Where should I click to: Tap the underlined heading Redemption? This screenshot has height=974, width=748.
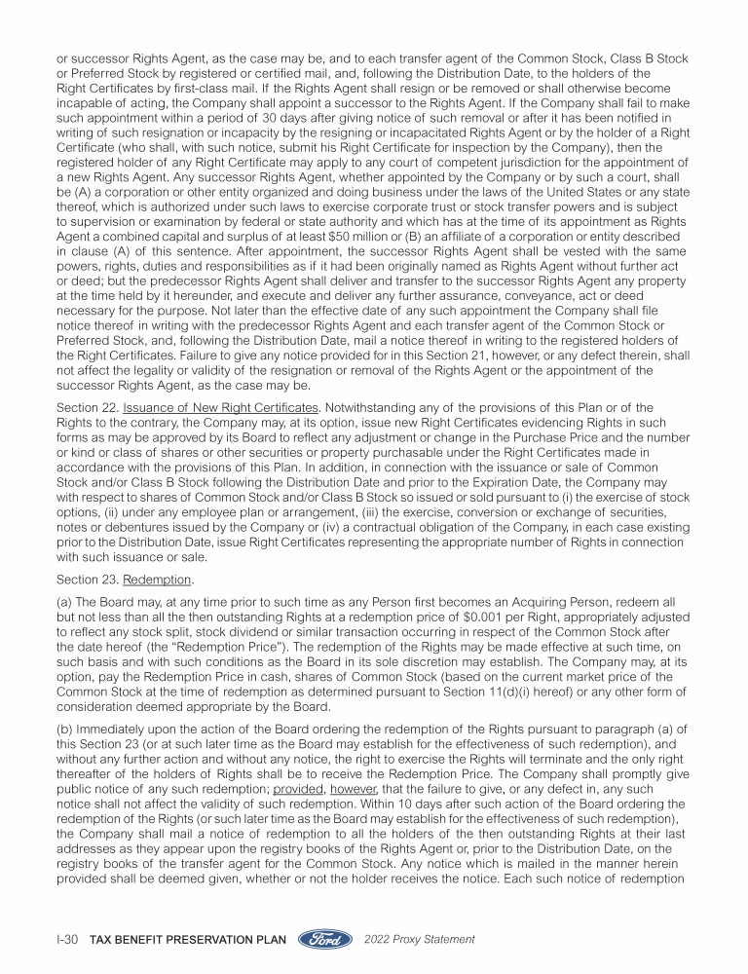click(x=151, y=605)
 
